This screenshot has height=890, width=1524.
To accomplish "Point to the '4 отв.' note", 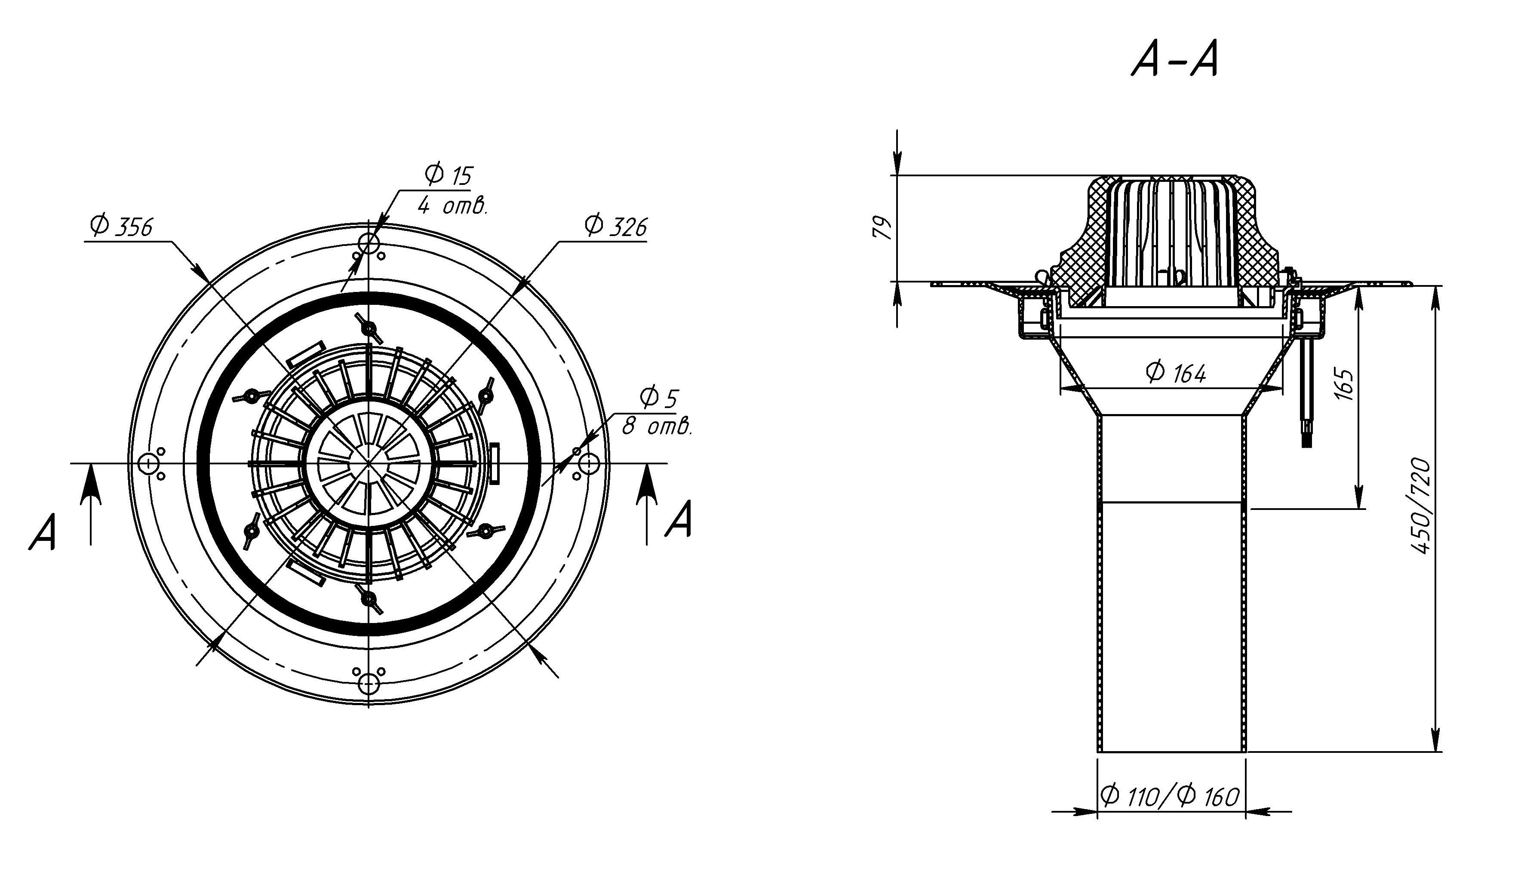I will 452,207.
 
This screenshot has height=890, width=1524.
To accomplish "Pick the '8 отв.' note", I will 656,427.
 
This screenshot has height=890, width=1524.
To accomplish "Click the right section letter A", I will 678,519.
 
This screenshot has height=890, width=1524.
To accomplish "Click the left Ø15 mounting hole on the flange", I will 148,464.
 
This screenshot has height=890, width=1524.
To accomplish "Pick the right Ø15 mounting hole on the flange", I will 588,464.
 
